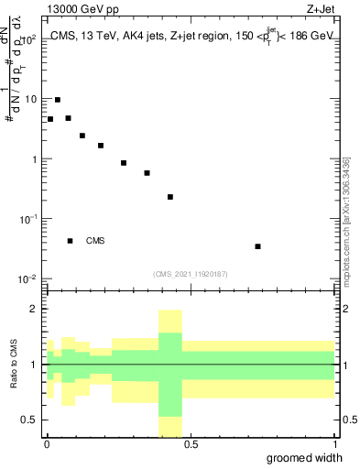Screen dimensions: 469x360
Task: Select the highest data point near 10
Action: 58,100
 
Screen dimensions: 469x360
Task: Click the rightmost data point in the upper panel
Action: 258,246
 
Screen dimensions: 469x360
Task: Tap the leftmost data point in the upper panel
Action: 50,119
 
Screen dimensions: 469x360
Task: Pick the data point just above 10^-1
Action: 170,197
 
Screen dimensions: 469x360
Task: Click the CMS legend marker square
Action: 71,241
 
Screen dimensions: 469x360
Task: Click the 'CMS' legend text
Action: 95,242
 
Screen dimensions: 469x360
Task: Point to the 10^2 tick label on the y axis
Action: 30,39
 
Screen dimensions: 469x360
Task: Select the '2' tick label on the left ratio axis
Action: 37,310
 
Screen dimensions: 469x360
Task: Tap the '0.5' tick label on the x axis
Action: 190,444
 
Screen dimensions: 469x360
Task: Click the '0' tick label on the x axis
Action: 47,444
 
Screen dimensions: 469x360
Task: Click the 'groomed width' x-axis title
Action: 304,458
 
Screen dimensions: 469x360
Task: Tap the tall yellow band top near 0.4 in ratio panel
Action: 170,311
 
